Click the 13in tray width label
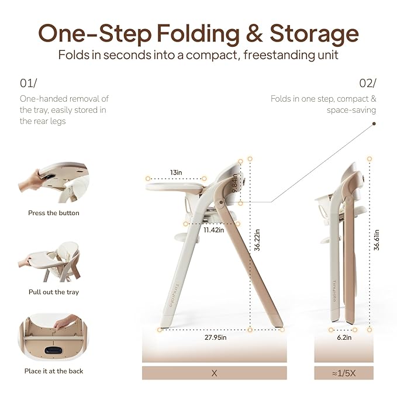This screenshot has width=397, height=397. click(176, 172)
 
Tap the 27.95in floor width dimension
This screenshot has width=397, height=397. click(216, 337)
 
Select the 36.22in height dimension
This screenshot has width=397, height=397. click(257, 240)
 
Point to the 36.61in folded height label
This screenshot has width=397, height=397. click(377, 240)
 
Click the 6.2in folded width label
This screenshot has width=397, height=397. click(344, 337)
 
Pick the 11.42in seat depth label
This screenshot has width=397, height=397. click(214, 230)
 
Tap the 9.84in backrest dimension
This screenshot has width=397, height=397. click(234, 183)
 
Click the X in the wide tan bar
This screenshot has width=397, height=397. click(214, 373)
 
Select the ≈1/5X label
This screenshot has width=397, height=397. click(344, 373)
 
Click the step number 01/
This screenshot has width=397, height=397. click(28, 83)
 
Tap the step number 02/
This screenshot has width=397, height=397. click(368, 83)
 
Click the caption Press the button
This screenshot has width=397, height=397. click(54, 213)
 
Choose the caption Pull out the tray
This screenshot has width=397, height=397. click(54, 292)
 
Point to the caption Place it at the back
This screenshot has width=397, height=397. click(54, 371)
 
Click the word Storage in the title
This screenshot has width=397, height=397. click(314, 34)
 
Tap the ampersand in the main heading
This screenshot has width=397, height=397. click(254, 33)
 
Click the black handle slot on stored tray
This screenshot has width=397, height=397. click(53, 351)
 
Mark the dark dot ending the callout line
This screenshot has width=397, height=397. click(374, 123)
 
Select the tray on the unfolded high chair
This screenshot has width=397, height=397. click(175, 187)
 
